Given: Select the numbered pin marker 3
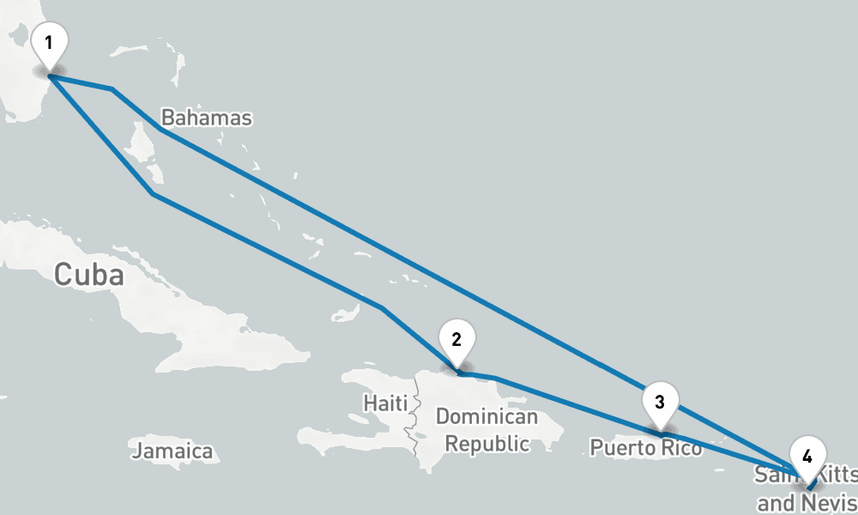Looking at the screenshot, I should [660, 402].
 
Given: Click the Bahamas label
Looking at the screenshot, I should [207, 118].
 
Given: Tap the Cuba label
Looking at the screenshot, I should [89, 275].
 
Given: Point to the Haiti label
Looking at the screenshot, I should [382, 402].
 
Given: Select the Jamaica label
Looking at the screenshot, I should [172, 451].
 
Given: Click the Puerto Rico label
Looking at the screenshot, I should [639, 447].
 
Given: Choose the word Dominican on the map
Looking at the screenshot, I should [486, 418].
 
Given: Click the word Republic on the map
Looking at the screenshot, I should [486, 444].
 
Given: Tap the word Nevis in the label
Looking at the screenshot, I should [827, 502].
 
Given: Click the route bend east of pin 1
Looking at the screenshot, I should [112, 88].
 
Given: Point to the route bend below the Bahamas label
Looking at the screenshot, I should [160, 130].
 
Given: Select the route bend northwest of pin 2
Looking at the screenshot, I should [382, 307].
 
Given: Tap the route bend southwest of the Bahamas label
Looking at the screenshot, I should [153, 195].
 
